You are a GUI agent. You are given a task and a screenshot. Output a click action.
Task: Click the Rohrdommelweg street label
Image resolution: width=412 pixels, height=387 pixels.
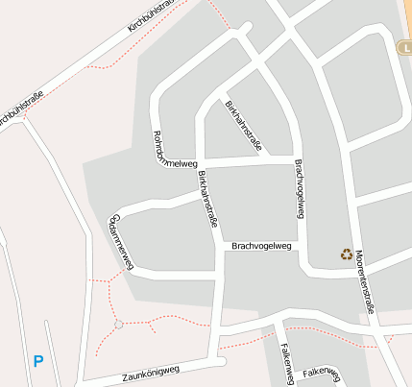(x=174, y=148)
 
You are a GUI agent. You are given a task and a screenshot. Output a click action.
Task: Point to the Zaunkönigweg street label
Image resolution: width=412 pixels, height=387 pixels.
(x=152, y=374)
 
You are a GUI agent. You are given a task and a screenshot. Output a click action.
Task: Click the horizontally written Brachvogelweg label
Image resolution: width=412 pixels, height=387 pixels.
(x=261, y=247)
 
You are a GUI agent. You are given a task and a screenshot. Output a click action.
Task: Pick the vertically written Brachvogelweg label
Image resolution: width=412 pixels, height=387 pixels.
(x=299, y=188)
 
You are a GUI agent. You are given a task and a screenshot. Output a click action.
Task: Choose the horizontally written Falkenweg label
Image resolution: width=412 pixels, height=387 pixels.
(x=321, y=372)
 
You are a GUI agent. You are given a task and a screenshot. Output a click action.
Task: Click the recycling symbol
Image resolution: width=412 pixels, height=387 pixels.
(x=346, y=254)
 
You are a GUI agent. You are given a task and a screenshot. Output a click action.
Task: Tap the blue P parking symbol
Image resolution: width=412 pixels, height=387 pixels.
(x=38, y=362)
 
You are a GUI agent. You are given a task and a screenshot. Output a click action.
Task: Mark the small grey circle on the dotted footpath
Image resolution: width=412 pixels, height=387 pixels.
(x=119, y=325)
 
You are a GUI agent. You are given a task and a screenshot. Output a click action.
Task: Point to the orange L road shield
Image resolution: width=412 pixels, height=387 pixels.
(x=404, y=47)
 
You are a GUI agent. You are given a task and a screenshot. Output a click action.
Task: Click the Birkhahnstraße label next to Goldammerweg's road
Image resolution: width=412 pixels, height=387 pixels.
(x=207, y=199)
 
